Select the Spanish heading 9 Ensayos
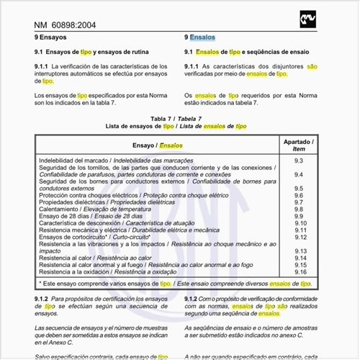50,37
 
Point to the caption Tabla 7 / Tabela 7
176,118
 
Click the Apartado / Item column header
299,145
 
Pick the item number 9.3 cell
299,160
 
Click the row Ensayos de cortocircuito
94,237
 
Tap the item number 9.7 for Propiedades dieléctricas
299,202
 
